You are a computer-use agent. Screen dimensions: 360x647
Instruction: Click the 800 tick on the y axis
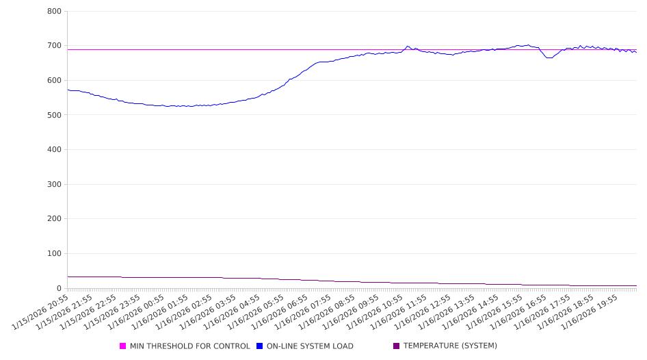tap(55, 12)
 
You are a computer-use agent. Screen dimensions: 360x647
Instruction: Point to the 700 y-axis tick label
tap(55, 46)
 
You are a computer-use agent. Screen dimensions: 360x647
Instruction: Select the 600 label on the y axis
tap(55, 81)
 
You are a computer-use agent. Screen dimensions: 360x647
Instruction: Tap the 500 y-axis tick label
tap(55, 115)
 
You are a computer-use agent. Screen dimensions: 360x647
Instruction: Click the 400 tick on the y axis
tap(55, 150)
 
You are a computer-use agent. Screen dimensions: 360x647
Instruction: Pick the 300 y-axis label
tap(55, 185)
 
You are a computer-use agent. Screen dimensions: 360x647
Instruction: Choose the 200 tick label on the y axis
tap(55, 219)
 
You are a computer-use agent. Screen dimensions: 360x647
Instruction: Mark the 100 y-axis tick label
tap(55, 254)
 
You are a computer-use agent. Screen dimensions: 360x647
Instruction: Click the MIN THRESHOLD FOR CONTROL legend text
tap(189, 346)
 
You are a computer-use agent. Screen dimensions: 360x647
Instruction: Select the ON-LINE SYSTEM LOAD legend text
tap(310, 346)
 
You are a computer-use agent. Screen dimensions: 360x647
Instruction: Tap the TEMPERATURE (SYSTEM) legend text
tap(450, 346)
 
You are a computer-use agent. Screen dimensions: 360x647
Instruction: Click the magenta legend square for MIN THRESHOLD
tap(123, 346)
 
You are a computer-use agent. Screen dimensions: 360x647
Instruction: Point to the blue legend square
tap(260, 346)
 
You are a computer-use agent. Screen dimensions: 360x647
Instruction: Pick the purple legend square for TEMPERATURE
tap(397, 346)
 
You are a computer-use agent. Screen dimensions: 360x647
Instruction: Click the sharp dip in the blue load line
tap(549, 57)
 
